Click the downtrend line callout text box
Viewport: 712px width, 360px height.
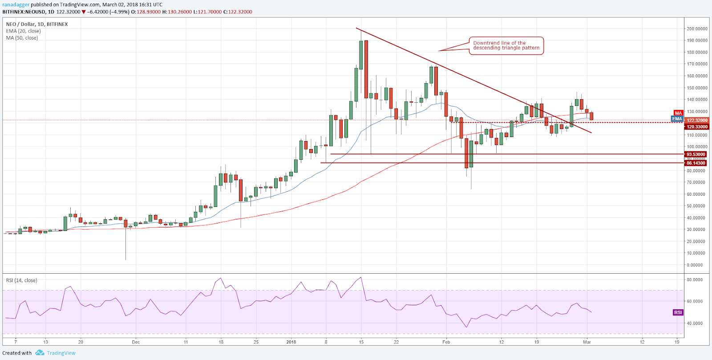click(x=506, y=46)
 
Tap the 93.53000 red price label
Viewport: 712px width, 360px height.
click(x=696, y=154)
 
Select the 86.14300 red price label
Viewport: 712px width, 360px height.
click(x=696, y=163)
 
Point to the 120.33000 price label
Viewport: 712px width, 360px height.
click(x=697, y=127)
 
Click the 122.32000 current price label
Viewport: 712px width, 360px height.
click(x=697, y=120)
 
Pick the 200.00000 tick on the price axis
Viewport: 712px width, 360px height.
click(x=697, y=29)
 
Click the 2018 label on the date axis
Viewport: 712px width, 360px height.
click(x=291, y=342)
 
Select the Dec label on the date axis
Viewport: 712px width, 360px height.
click(x=136, y=342)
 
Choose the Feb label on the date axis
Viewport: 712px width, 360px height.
click(x=446, y=342)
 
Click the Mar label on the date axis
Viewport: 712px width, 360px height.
click(x=587, y=342)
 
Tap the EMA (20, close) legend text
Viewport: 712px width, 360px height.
click(x=23, y=31)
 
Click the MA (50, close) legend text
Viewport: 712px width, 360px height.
click(x=22, y=38)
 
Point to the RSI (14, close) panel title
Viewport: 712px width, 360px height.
click(x=21, y=280)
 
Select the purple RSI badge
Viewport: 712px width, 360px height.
click(x=678, y=312)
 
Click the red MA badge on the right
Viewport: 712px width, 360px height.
click(x=678, y=113)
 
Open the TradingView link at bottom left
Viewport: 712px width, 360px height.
click(x=61, y=353)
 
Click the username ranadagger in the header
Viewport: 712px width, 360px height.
click(x=16, y=5)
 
